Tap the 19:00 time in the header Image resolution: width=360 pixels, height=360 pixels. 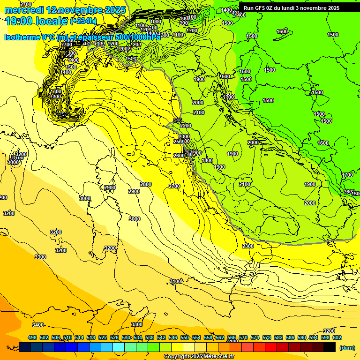(x=19, y=21)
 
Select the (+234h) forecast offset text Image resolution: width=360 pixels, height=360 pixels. (x=83, y=21)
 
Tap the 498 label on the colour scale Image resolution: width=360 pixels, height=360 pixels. (x=32, y=337)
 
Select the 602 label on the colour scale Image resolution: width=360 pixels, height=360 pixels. (x=337, y=337)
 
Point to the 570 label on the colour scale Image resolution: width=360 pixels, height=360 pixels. (x=243, y=337)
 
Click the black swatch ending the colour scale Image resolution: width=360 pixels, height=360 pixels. (x=330, y=347)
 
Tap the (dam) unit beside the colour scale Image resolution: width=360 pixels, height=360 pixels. (x=347, y=347)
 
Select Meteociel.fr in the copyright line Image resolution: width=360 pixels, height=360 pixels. (x=222, y=357)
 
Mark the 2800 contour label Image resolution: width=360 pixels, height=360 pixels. (x=146, y=184)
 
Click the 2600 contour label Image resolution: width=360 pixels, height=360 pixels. (x=179, y=156)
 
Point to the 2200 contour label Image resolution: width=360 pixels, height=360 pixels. (x=186, y=126)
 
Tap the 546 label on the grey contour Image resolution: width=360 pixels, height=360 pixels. (x=178, y=120)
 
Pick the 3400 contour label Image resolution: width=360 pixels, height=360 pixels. (x=38, y=325)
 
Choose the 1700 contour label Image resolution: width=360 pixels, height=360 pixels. (x=347, y=175)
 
